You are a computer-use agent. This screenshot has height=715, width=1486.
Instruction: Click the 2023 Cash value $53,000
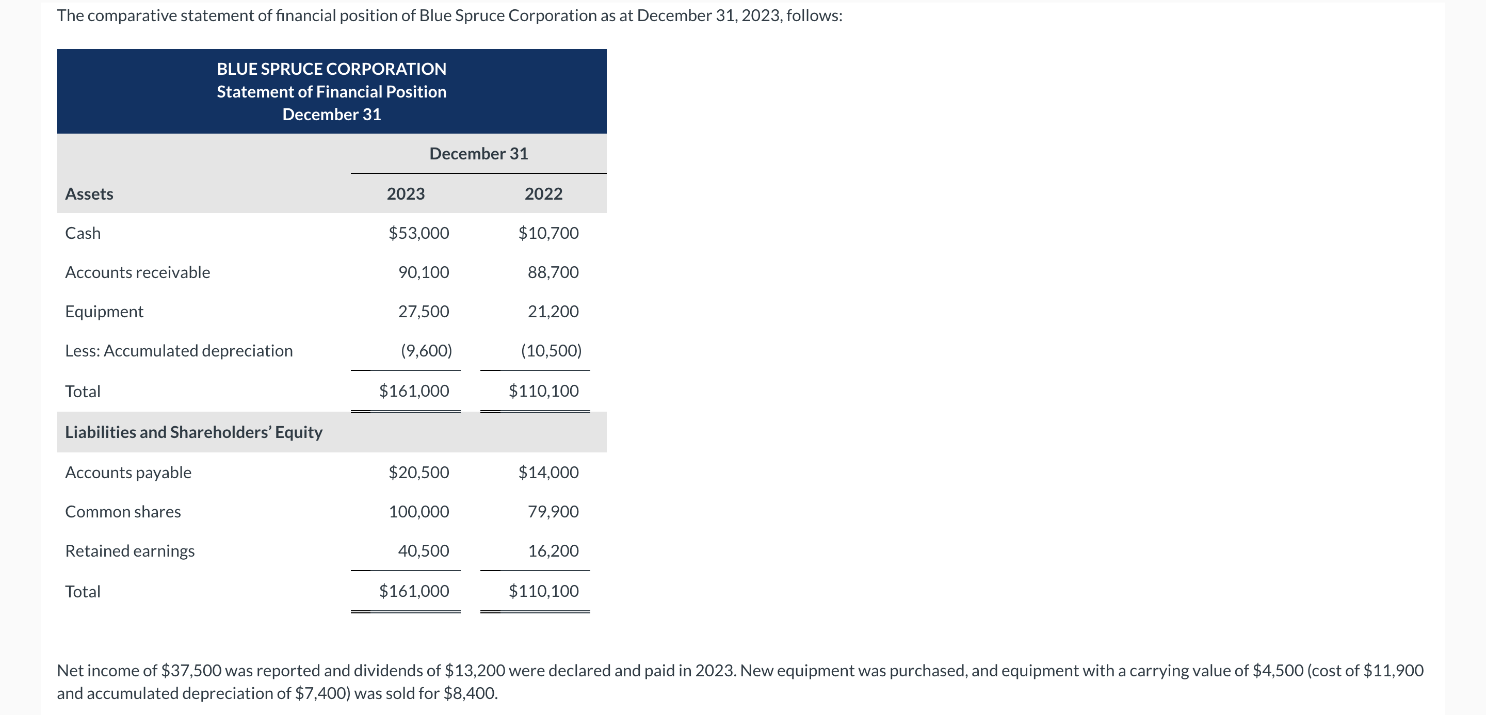click(x=419, y=233)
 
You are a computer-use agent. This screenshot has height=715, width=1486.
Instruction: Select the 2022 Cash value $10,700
click(x=548, y=233)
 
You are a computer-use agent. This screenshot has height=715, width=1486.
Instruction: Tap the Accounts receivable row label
click(x=137, y=272)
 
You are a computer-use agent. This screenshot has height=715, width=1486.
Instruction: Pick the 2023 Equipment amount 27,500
click(x=424, y=312)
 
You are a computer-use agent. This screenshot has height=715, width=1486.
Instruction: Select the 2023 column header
click(x=406, y=194)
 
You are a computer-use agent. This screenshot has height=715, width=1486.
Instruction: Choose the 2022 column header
click(x=543, y=194)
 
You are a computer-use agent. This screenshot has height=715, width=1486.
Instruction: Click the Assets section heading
click(x=89, y=194)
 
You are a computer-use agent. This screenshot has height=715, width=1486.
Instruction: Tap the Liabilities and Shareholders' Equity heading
click(x=194, y=432)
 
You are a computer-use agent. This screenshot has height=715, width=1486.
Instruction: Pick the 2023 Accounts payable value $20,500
click(x=419, y=472)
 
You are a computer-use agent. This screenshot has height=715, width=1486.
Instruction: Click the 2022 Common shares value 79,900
click(x=553, y=511)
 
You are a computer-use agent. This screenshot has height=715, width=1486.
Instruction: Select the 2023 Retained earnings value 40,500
click(x=424, y=550)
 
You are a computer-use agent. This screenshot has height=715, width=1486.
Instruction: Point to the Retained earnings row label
click(x=130, y=550)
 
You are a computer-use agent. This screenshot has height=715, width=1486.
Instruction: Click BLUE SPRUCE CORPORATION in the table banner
click(x=332, y=69)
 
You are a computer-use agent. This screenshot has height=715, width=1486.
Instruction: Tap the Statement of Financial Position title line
click(x=332, y=92)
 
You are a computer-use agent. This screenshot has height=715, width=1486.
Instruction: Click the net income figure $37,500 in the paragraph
click(x=191, y=671)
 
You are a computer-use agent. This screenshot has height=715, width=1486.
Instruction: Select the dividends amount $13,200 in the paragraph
click(x=475, y=671)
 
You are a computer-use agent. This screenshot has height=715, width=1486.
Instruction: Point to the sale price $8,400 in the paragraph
click(x=469, y=693)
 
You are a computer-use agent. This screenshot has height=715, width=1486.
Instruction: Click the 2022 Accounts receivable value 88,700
click(x=553, y=272)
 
